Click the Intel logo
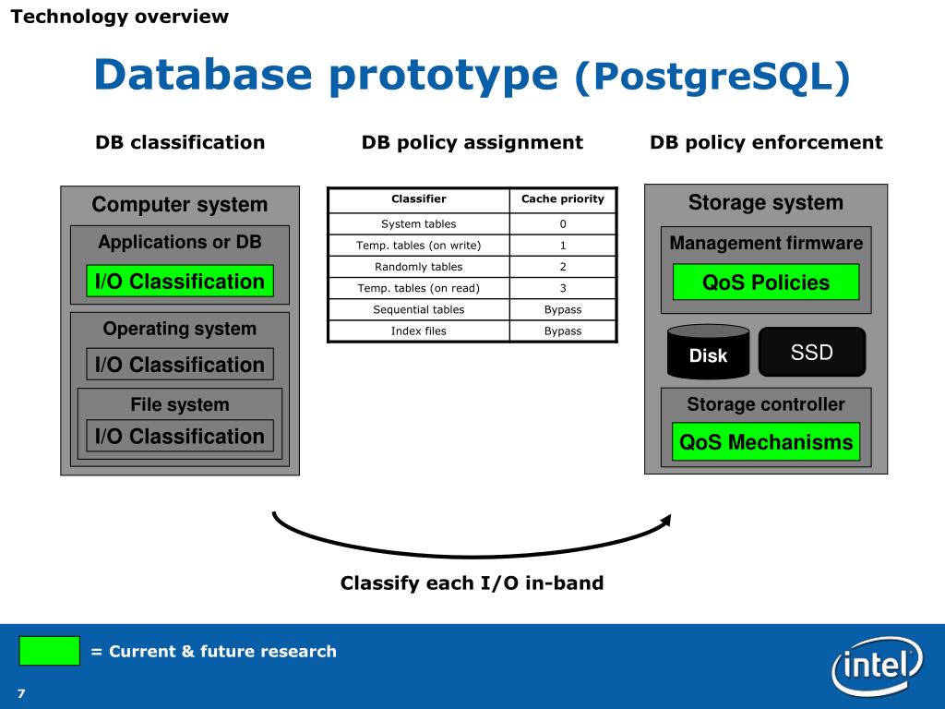tap(876, 665)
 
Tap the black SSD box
tap(812, 352)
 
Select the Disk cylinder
tap(708, 354)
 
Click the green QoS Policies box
tap(766, 282)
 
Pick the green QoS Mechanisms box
tap(766, 442)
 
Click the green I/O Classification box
tap(180, 282)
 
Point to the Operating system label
tap(180, 329)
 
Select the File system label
tap(180, 404)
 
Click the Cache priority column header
tap(563, 199)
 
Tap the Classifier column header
tap(419, 199)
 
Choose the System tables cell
tap(419, 224)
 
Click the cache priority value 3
tap(563, 288)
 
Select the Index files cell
tap(419, 330)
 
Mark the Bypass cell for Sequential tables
tap(563, 309)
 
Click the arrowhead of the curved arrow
tap(665, 522)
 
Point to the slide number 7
tap(20, 693)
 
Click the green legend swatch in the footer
tap(49, 651)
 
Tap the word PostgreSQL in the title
tap(712, 78)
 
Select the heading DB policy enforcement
tap(766, 142)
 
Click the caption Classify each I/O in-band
tap(472, 583)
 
